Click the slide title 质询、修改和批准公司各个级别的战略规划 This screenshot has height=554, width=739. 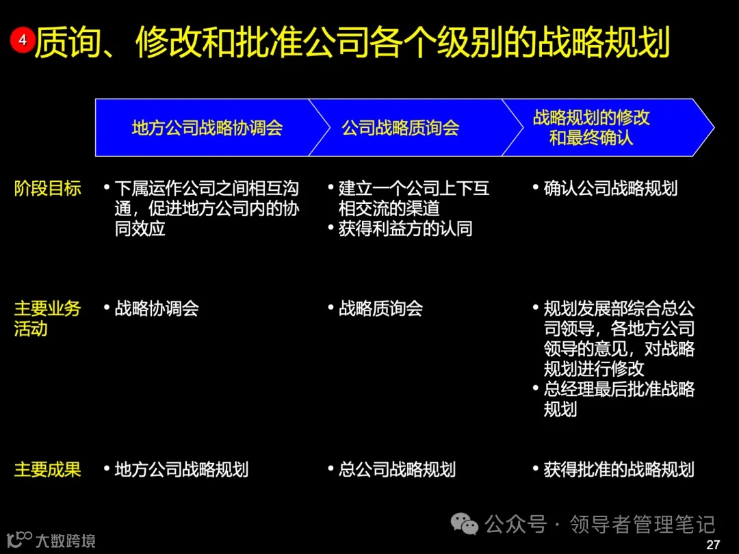click(x=352, y=43)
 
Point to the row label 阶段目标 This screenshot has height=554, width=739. click(x=48, y=189)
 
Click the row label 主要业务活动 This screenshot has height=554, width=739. click(x=48, y=319)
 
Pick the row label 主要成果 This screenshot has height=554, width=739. click(x=48, y=469)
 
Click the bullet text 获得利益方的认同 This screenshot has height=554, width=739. click(x=405, y=228)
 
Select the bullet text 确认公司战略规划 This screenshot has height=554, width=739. click(x=610, y=189)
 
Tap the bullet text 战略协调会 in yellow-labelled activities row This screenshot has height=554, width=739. click(x=157, y=308)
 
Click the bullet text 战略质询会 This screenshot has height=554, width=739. click(x=380, y=308)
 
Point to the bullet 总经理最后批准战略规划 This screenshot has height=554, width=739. click(x=619, y=399)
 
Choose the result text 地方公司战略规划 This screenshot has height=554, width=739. click(x=181, y=469)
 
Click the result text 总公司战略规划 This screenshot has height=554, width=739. click(x=397, y=469)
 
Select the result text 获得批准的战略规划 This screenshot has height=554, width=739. click(x=619, y=469)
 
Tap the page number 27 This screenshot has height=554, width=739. click(x=713, y=544)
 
